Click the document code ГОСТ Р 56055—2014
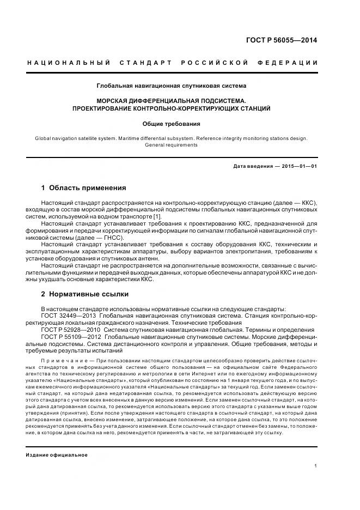(290, 40)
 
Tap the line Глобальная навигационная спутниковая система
(172, 86)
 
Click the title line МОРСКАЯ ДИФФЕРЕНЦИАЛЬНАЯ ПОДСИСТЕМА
(172, 101)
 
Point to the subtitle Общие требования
(172, 124)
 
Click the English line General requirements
(172, 145)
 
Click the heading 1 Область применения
(83, 188)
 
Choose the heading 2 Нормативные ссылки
(84, 294)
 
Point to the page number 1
(316, 466)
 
